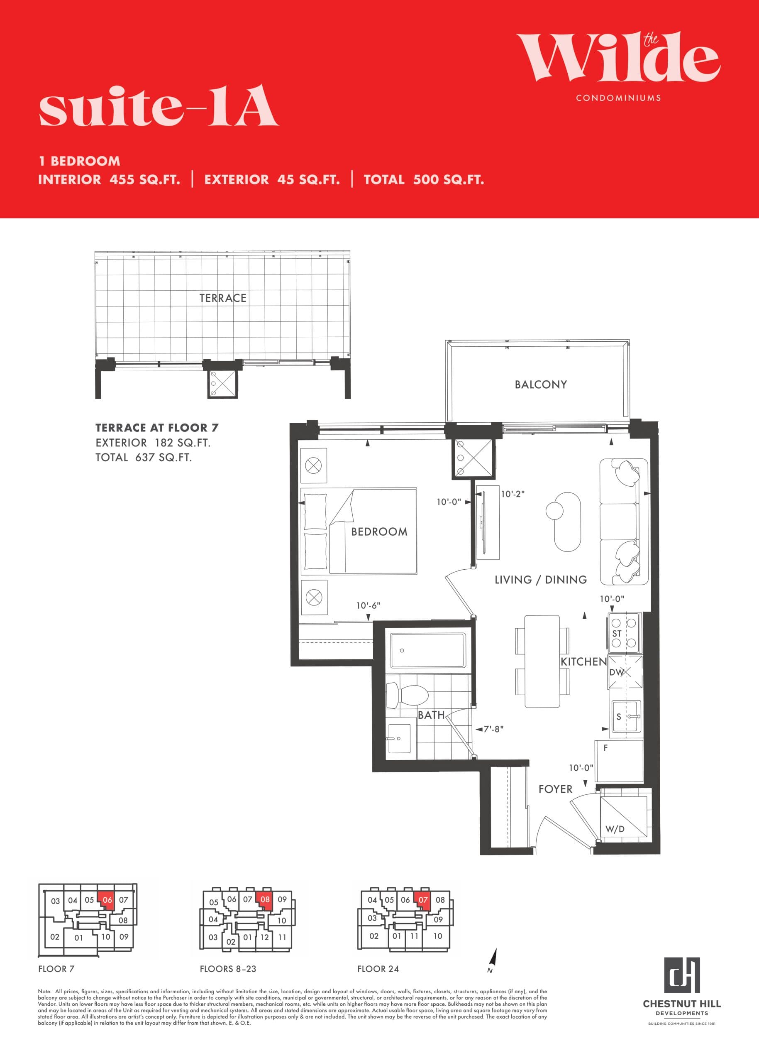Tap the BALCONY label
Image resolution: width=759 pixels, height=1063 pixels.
click(x=541, y=385)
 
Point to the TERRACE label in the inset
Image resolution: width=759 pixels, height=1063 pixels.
click(x=222, y=298)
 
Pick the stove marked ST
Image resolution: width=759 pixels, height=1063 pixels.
click(x=625, y=633)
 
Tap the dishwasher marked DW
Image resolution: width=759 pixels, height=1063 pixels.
click(x=625, y=672)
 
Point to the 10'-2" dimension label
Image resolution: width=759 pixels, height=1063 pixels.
click(x=513, y=494)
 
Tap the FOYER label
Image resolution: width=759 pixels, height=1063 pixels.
click(x=555, y=789)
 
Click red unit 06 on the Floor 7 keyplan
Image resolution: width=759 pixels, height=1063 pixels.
click(x=107, y=900)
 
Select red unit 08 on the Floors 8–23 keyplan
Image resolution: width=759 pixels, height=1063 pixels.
click(x=265, y=899)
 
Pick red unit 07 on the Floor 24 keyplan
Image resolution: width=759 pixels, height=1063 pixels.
click(x=423, y=900)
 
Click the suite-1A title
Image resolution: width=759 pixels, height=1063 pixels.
click(x=159, y=107)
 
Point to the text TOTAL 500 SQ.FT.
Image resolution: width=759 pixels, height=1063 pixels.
click(x=423, y=179)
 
